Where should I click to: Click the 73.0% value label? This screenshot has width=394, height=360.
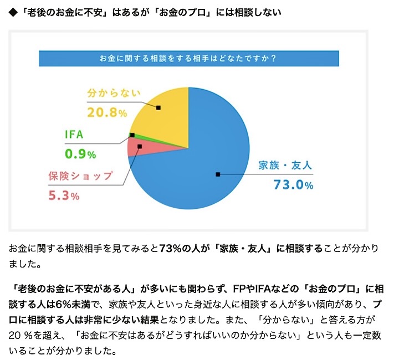click(x=293, y=185)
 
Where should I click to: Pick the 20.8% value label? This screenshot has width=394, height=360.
click(x=107, y=112)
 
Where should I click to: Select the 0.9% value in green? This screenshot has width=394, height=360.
click(x=81, y=154)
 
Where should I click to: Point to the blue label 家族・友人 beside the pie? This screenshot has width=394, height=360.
click(x=285, y=165)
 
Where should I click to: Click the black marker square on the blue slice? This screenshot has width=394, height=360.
click(x=218, y=174)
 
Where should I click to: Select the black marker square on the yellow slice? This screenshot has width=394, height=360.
click(x=158, y=107)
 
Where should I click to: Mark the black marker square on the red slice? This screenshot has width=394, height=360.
click(x=139, y=147)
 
